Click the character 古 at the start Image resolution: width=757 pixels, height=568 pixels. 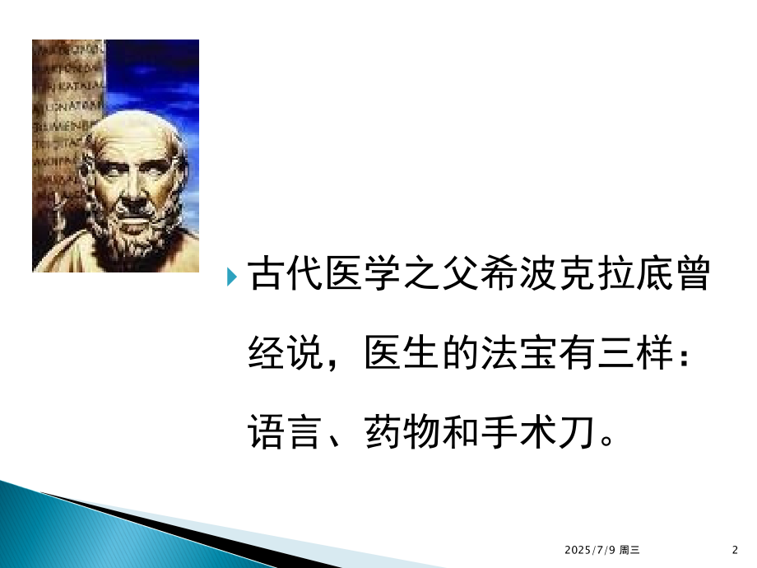(x=267, y=276)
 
